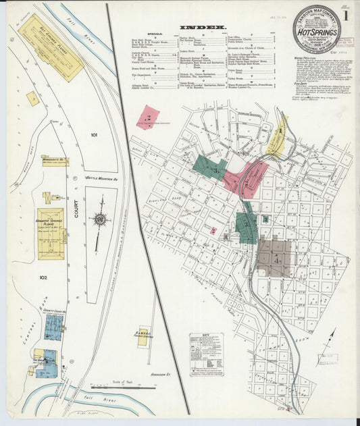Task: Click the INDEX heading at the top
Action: pyautogui.click(x=192, y=28)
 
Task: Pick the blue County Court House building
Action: pyautogui.click(x=53, y=327)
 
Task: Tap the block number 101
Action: pyautogui.click(x=94, y=135)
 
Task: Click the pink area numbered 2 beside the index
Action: pyautogui.click(x=147, y=117)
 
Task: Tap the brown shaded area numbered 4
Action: pyautogui.click(x=274, y=257)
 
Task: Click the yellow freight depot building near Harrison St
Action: pyautogui.click(x=143, y=337)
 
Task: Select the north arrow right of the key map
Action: pyautogui.click(x=331, y=338)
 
